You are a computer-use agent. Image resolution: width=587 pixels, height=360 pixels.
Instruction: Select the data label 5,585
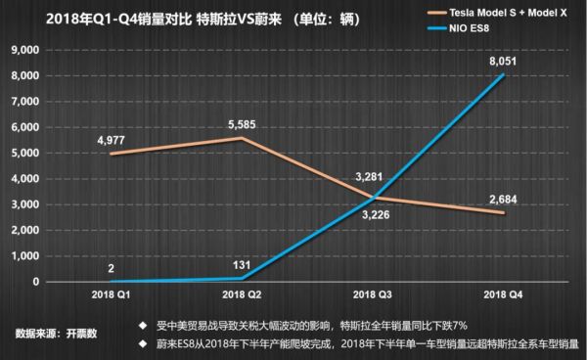click(x=242, y=124)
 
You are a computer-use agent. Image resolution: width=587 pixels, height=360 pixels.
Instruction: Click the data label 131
click(x=242, y=262)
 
